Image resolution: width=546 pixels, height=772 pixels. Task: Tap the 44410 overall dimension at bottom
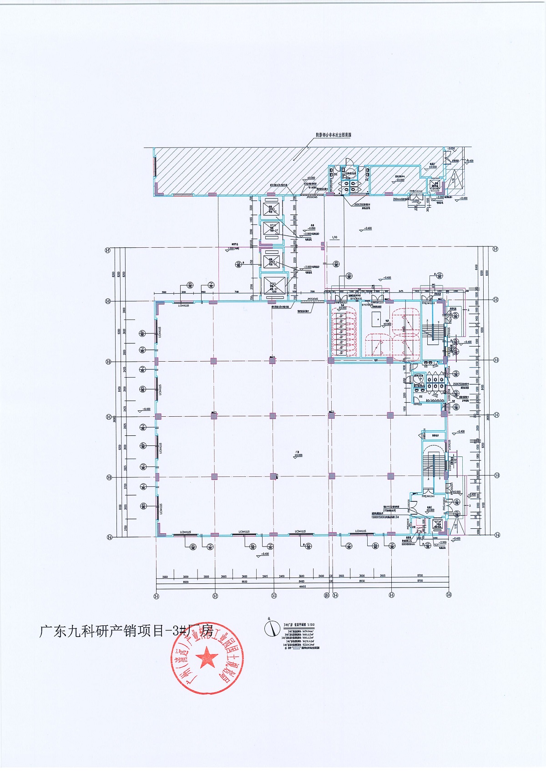pos(302,587)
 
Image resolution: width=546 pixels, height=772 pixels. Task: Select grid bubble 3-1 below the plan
pos(156,595)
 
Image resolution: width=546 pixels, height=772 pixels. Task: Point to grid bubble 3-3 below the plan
pos(273,595)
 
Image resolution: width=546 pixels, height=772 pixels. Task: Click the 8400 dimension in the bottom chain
pos(301,582)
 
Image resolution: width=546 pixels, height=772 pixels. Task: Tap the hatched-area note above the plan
pos(334,135)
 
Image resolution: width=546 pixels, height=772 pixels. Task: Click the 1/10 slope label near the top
pos(334,237)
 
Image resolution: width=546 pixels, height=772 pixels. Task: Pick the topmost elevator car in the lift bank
pos(272,208)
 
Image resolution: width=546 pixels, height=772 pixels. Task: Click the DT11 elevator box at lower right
pos(438,524)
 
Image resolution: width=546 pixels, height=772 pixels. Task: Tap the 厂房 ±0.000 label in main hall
pos(298,453)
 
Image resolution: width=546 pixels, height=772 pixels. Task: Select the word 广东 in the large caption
pos(53,631)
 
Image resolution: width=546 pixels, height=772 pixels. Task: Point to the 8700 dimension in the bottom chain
pos(420,582)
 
